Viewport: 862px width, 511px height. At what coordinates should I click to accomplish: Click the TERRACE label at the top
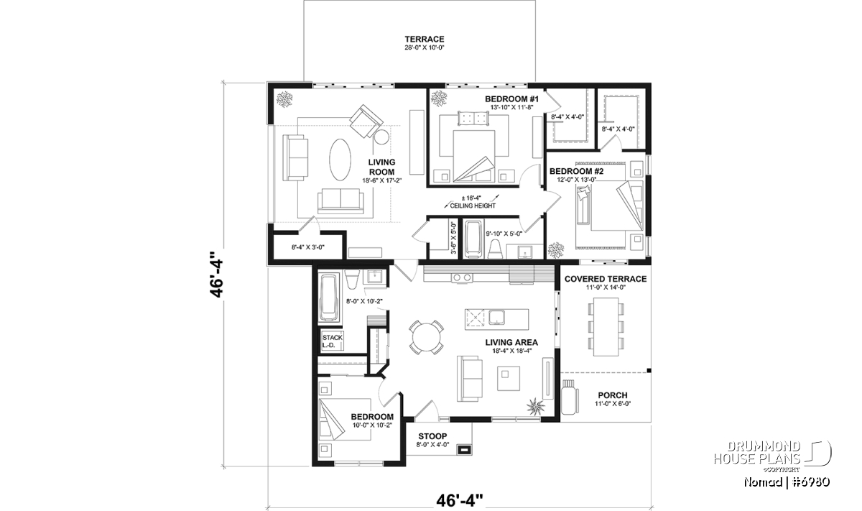click(424, 40)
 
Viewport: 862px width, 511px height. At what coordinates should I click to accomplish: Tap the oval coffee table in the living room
click(340, 160)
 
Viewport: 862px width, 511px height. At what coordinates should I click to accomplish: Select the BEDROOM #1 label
click(511, 99)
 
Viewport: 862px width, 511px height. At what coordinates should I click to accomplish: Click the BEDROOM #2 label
click(576, 171)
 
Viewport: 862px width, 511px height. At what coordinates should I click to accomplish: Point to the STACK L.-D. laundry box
click(332, 341)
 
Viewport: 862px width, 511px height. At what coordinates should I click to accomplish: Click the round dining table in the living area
click(426, 337)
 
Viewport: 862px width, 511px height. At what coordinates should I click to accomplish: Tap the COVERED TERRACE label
click(606, 279)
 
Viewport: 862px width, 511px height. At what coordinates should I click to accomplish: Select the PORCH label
click(613, 395)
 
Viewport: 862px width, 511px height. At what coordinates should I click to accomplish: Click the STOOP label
click(432, 436)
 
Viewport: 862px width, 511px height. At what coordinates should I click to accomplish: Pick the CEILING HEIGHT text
click(473, 206)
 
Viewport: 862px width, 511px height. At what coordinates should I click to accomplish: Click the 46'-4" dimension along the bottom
click(460, 501)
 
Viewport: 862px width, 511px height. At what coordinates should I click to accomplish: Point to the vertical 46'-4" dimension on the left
click(216, 274)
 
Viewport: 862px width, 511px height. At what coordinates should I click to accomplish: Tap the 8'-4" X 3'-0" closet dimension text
click(308, 247)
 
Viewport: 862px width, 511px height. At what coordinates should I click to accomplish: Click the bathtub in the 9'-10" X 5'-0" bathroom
click(472, 239)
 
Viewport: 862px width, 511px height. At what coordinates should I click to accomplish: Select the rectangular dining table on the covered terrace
click(606, 326)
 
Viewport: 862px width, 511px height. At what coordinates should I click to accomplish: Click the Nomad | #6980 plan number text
click(787, 482)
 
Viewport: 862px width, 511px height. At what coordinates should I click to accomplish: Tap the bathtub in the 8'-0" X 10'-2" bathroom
click(329, 298)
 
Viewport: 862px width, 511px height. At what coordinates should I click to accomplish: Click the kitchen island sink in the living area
click(497, 318)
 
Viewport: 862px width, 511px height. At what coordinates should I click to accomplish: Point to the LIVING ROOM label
click(381, 167)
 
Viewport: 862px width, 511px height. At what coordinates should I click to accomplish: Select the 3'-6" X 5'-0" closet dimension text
click(454, 238)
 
